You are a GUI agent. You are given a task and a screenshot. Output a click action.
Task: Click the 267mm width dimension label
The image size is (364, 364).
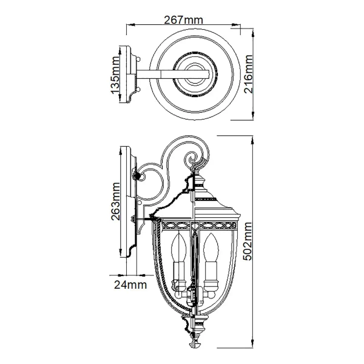pyautogui.click(x=183, y=19)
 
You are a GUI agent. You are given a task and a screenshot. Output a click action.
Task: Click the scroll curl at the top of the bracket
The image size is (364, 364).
pyautogui.click(x=195, y=158)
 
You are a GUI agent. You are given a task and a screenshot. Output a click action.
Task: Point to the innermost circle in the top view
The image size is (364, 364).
pyautogui.click(x=197, y=74)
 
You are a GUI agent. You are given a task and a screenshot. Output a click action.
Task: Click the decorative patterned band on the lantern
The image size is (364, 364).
pyautogui.click(x=194, y=229)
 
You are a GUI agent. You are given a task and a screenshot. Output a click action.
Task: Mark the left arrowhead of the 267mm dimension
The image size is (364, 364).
pyautogui.click(x=127, y=26)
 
